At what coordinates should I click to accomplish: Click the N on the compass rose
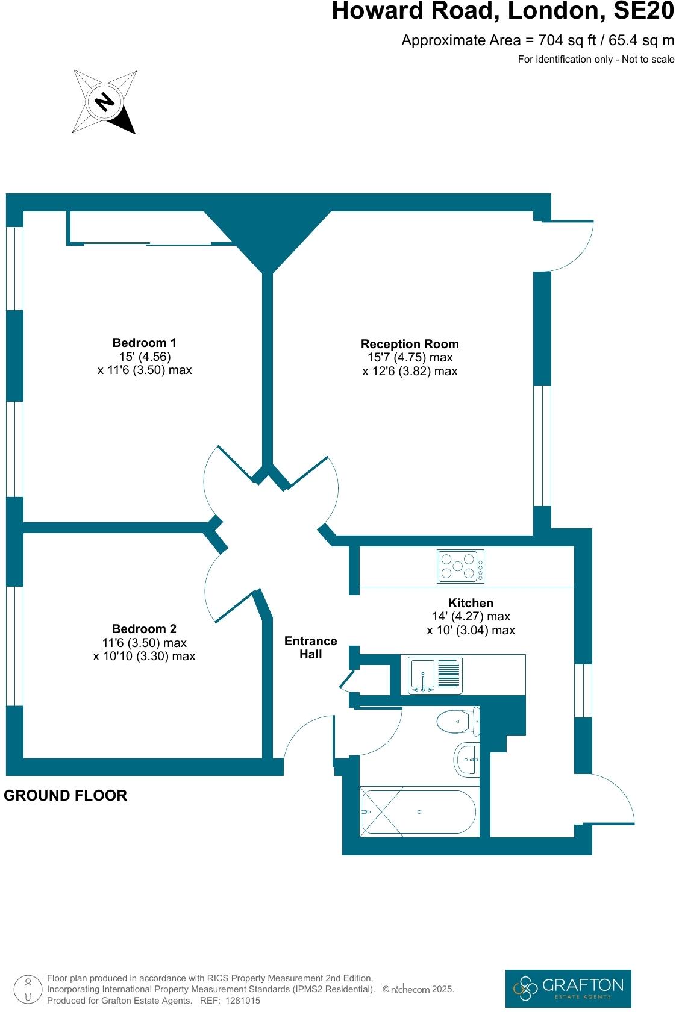pyautogui.click(x=105, y=101)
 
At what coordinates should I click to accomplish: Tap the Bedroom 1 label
pyautogui.click(x=144, y=343)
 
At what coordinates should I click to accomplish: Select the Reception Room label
pyautogui.click(x=410, y=344)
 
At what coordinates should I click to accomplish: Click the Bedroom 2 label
pyautogui.click(x=144, y=629)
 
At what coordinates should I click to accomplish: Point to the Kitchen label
pyautogui.click(x=471, y=603)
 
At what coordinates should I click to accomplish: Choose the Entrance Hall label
pyautogui.click(x=310, y=648)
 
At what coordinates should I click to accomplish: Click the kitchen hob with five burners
pyautogui.click(x=460, y=566)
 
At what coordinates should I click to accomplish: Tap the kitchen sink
pyautogui.click(x=435, y=675)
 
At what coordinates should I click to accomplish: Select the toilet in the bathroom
pyautogui.click(x=458, y=721)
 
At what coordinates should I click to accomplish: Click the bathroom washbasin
pyautogui.click(x=467, y=759)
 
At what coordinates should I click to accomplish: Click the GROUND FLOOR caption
pyautogui.click(x=66, y=795)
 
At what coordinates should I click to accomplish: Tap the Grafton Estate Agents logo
pyautogui.click(x=568, y=989)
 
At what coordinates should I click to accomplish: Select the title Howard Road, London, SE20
pyautogui.click(x=502, y=11)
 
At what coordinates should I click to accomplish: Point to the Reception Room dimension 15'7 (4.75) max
pyautogui.click(x=410, y=358)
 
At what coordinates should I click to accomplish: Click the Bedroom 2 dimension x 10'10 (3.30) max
pyautogui.click(x=144, y=657)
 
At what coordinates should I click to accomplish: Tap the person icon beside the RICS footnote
pyautogui.click(x=27, y=989)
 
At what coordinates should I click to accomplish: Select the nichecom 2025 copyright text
pyautogui.click(x=418, y=989)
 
